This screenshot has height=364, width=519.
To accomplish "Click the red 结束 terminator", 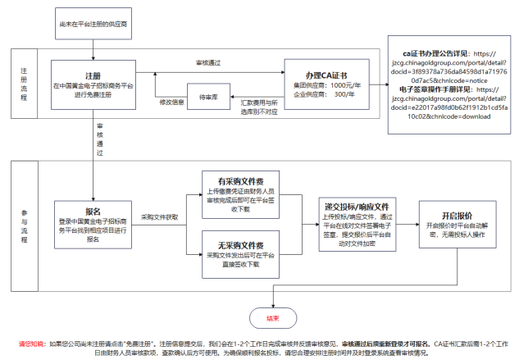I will pos(272,318).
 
